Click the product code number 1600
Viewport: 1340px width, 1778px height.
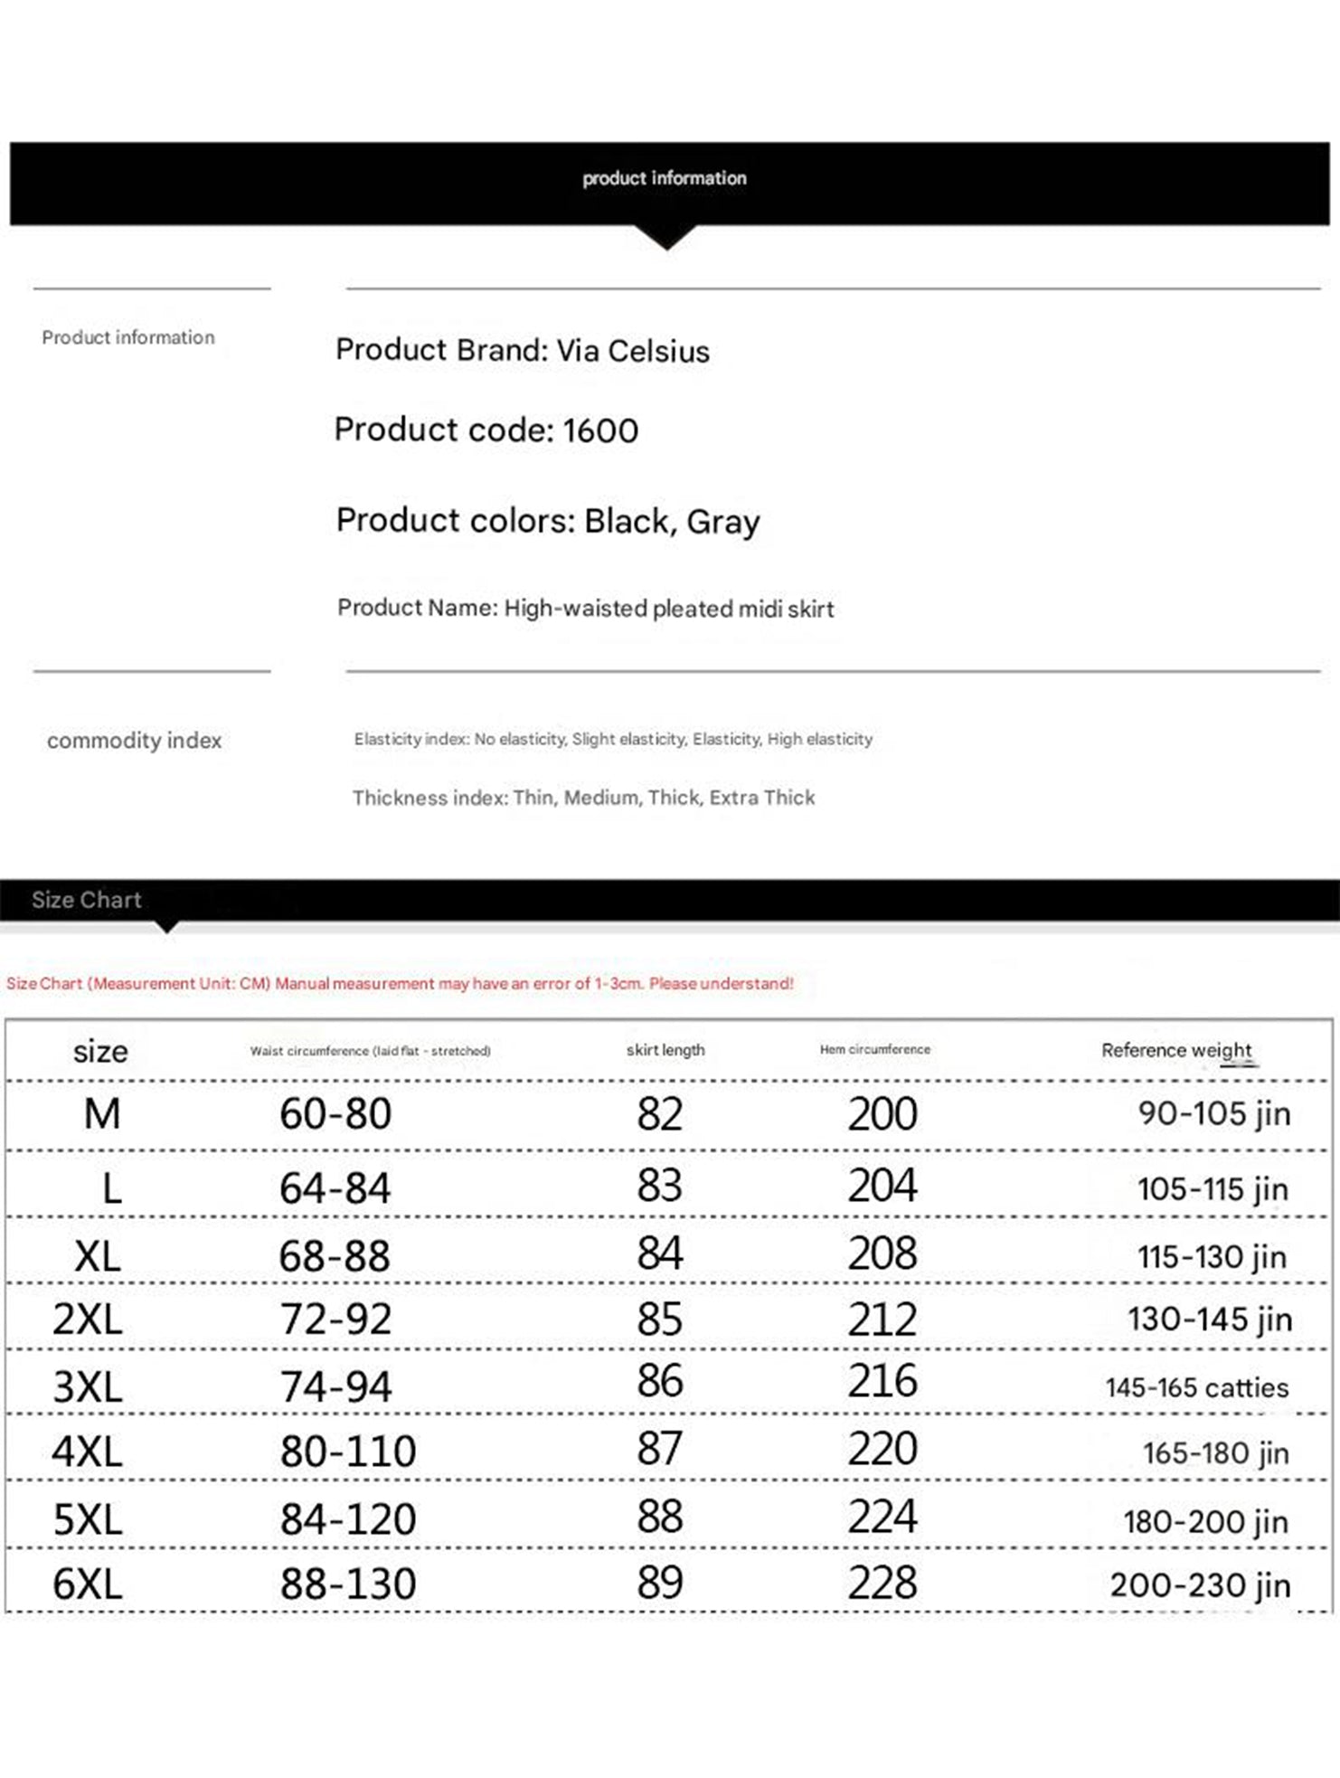[x=600, y=430]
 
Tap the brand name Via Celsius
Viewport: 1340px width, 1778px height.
[x=633, y=351]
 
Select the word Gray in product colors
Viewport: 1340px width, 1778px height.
[x=723, y=522]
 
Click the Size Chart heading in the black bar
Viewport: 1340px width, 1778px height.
[x=87, y=900]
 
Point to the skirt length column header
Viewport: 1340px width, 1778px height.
[x=665, y=1050]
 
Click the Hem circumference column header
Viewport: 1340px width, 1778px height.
[x=874, y=1049]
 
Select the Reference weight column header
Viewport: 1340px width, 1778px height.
[x=1176, y=1050]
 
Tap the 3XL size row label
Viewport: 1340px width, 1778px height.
[x=88, y=1386]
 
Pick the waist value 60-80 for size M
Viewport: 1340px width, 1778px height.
[x=335, y=1113]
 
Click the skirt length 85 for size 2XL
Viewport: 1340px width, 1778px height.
[x=659, y=1319]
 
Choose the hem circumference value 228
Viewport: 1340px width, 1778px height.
[x=882, y=1583]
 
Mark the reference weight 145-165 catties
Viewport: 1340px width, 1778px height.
[x=1196, y=1387]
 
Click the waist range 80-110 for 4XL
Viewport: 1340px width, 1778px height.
[x=348, y=1452]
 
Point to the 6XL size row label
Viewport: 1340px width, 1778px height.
[x=88, y=1584]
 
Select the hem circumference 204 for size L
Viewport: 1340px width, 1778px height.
[x=882, y=1186]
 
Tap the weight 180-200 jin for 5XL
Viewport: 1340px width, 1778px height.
[x=1205, y=1521]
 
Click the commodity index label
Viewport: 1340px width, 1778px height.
[x=134, y=741]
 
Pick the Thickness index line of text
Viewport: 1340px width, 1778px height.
[x=583, y=798]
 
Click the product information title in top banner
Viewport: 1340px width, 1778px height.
[x=665, y=178]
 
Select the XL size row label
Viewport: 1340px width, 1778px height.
[x=98, y=1256]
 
